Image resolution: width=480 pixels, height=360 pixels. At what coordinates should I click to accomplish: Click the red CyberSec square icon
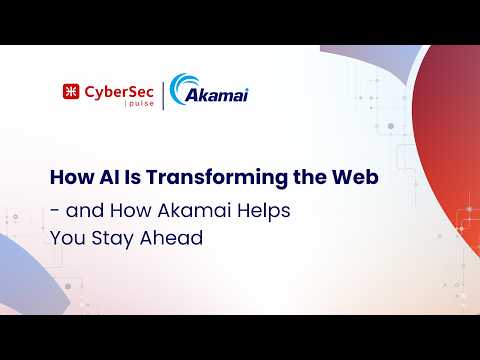(x=71, y=91)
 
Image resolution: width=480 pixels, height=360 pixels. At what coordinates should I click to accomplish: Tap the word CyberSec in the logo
(x=119, y=92)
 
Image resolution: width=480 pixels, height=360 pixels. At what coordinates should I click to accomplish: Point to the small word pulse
(x=141, y=103)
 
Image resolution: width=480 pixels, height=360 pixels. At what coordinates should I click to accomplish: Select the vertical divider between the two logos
(x=163, y=96)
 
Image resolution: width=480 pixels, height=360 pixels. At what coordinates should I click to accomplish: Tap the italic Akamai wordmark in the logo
(x=217, y=95)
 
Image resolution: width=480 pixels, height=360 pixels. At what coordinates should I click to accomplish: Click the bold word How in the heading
(x=72, y=177)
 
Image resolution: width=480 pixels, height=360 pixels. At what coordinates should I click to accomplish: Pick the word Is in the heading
(x=133, y=177)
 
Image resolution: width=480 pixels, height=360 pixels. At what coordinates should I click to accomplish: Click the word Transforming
(x=217, y=178)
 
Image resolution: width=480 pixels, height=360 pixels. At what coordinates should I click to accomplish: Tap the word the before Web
(x=310, y=177)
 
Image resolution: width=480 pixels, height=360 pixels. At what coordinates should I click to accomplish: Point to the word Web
(x=355, y=177)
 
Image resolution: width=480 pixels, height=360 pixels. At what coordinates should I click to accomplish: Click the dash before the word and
(x=53, y=212)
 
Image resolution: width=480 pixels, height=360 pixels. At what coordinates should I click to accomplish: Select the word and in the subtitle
(x=85, y=211)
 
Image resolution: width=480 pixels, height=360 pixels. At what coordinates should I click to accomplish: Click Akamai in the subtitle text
(x=194, y=211)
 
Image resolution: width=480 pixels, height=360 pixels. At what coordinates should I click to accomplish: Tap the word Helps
(x=264, y=212)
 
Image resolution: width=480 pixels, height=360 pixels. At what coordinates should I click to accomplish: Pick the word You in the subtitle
(x=68, y=238)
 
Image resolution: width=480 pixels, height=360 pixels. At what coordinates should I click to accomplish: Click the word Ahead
(x=171, y=238)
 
